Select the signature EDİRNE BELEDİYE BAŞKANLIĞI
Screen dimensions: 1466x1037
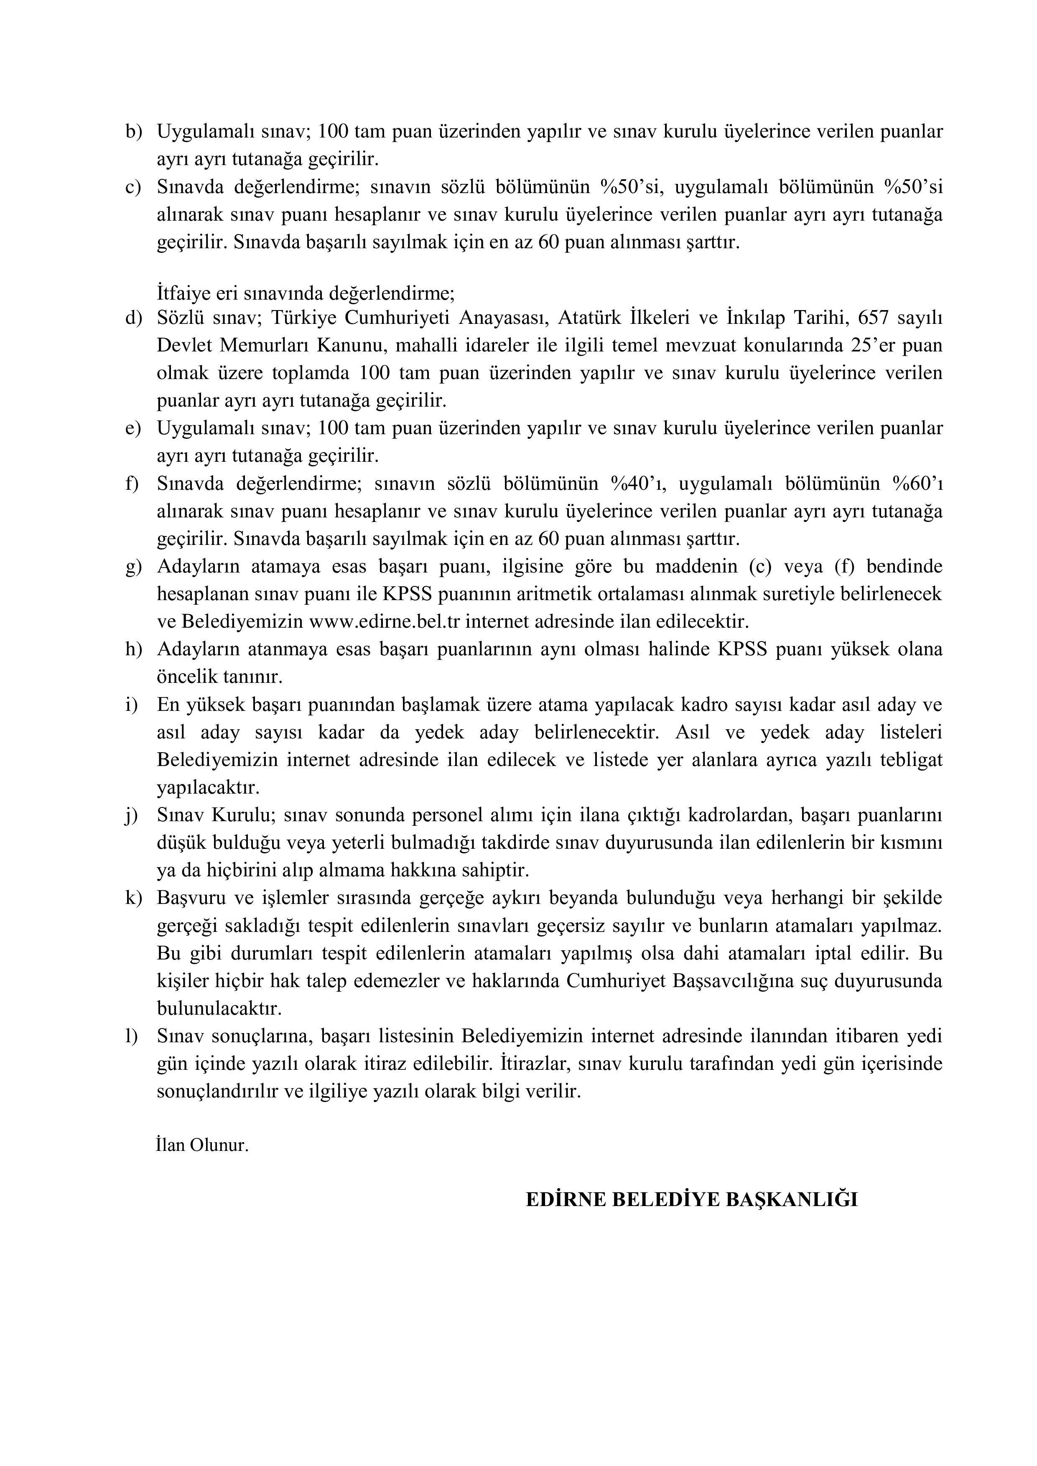tap(691, 1200)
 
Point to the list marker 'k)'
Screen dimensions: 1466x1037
tap(133, 898)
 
